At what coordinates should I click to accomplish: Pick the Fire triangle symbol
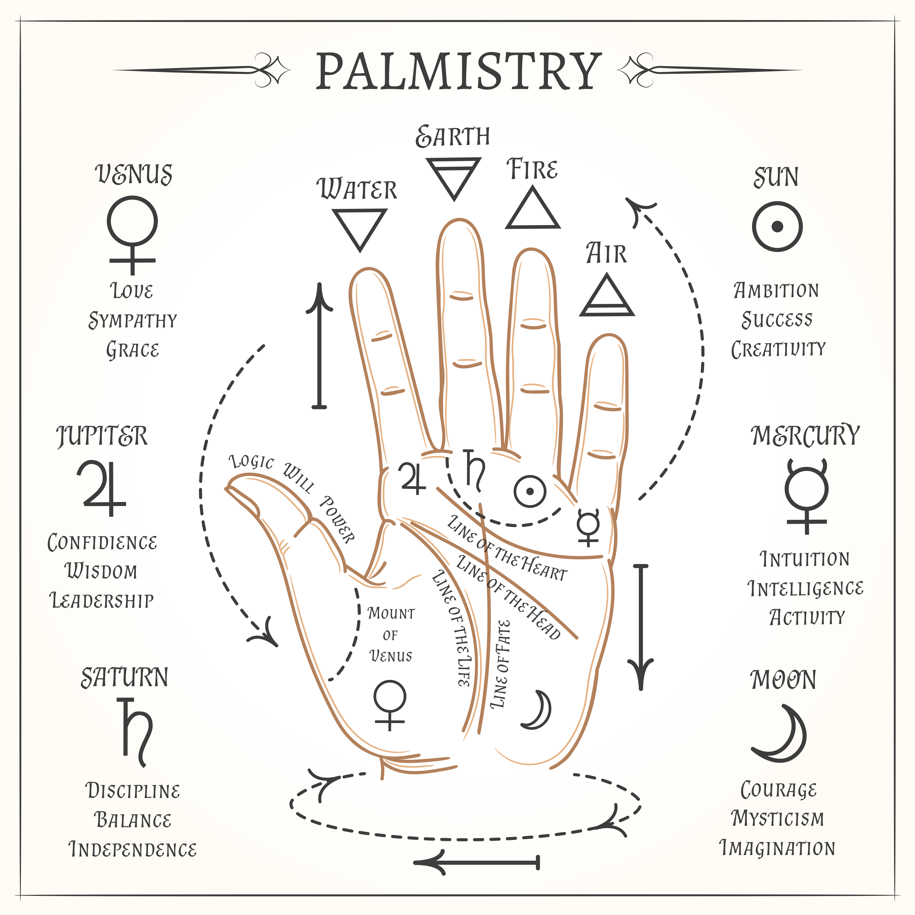click(533, 209)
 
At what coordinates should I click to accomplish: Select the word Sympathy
click(133, 321)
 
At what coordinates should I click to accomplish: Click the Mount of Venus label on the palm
click(391, 635)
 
